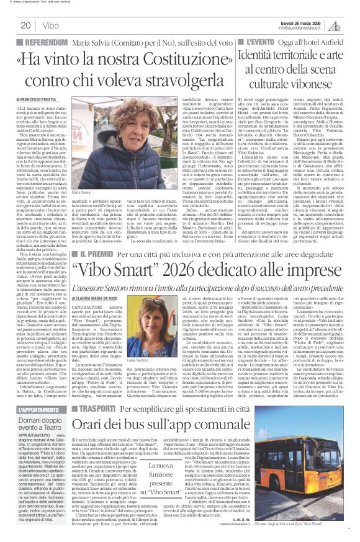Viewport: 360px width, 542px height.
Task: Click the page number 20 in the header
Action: point(25,25)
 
